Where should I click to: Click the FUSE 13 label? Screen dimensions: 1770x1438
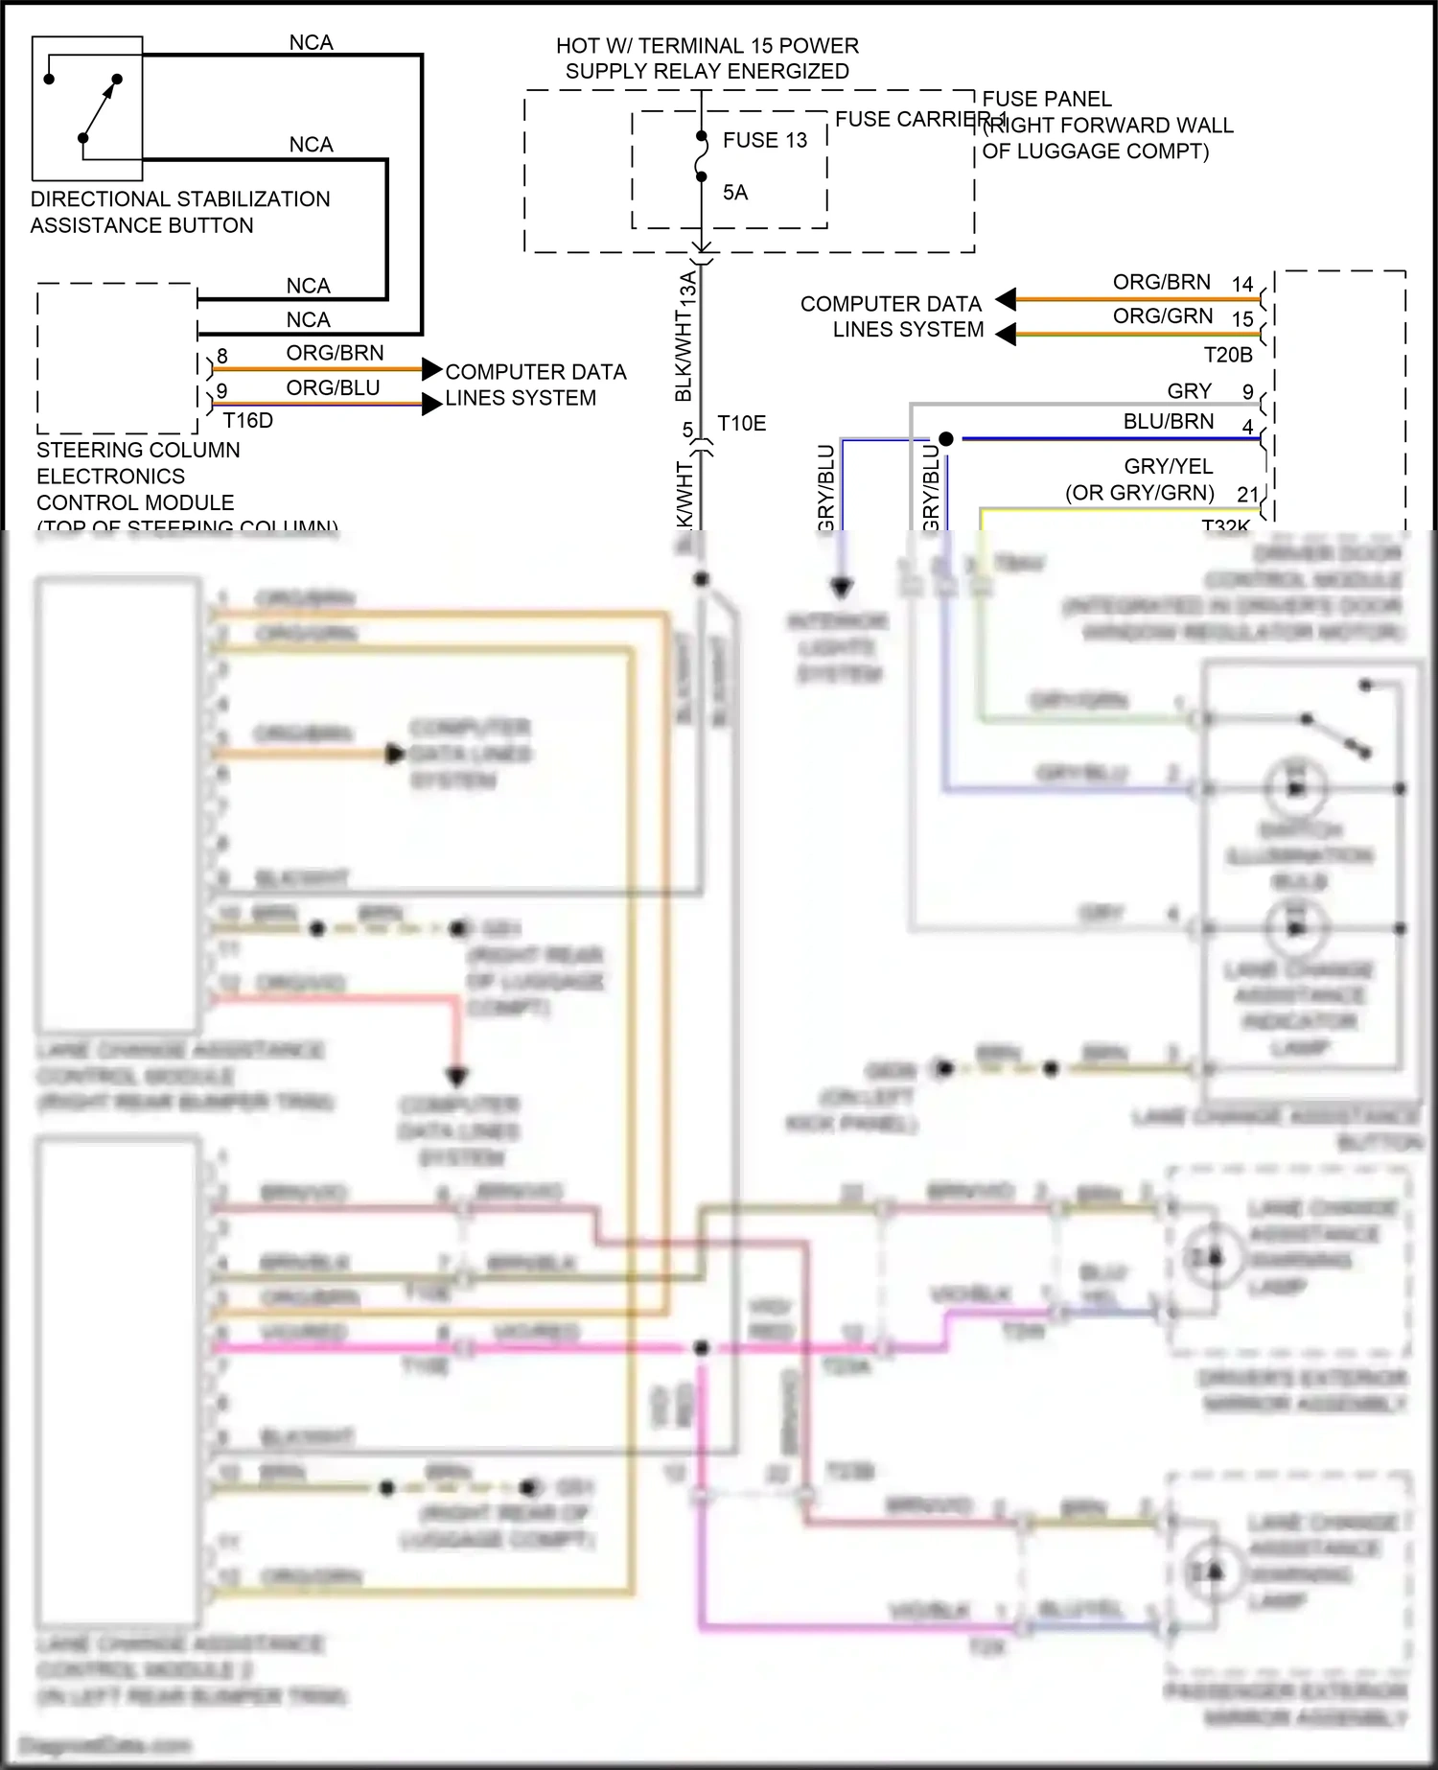[764, 140]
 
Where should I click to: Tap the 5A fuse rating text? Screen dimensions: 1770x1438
[735, 193]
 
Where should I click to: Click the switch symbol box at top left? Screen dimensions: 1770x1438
[87, 108]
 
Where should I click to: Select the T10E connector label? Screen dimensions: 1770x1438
[741, 424]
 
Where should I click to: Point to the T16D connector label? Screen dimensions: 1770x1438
[247, 420]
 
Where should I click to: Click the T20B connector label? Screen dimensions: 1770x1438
[1228, 355]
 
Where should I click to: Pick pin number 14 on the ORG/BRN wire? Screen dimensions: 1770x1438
[1242, 284]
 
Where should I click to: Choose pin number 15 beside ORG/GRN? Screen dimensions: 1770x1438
[1242, 318]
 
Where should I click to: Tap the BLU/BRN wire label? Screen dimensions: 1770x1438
[1168, 422]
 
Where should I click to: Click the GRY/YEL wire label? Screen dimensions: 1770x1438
[1168, 467]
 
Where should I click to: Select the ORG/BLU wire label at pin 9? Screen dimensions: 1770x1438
[333, 387]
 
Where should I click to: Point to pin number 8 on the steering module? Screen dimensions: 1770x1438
[222, 357]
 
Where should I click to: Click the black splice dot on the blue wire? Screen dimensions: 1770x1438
[946, 439]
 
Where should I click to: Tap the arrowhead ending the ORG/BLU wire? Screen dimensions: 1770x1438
[432, 405]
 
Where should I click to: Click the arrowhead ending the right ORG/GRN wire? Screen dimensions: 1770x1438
[1005, 334]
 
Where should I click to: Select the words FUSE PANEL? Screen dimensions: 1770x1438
[1047, 99]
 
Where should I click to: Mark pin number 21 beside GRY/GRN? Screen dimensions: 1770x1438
[1247, 494]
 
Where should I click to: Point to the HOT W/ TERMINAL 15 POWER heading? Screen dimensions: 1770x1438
[707, 46]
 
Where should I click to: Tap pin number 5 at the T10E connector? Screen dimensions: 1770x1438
[687, 430]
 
